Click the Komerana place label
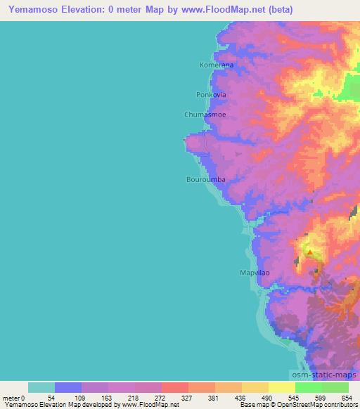(x=217, y=65)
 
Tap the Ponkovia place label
(x=210, y=93)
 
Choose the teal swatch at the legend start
(x=41, y=387)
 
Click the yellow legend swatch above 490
(x=255, y=387)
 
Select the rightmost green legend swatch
(x=335, y=387)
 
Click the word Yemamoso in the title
(x=36, y=10)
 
